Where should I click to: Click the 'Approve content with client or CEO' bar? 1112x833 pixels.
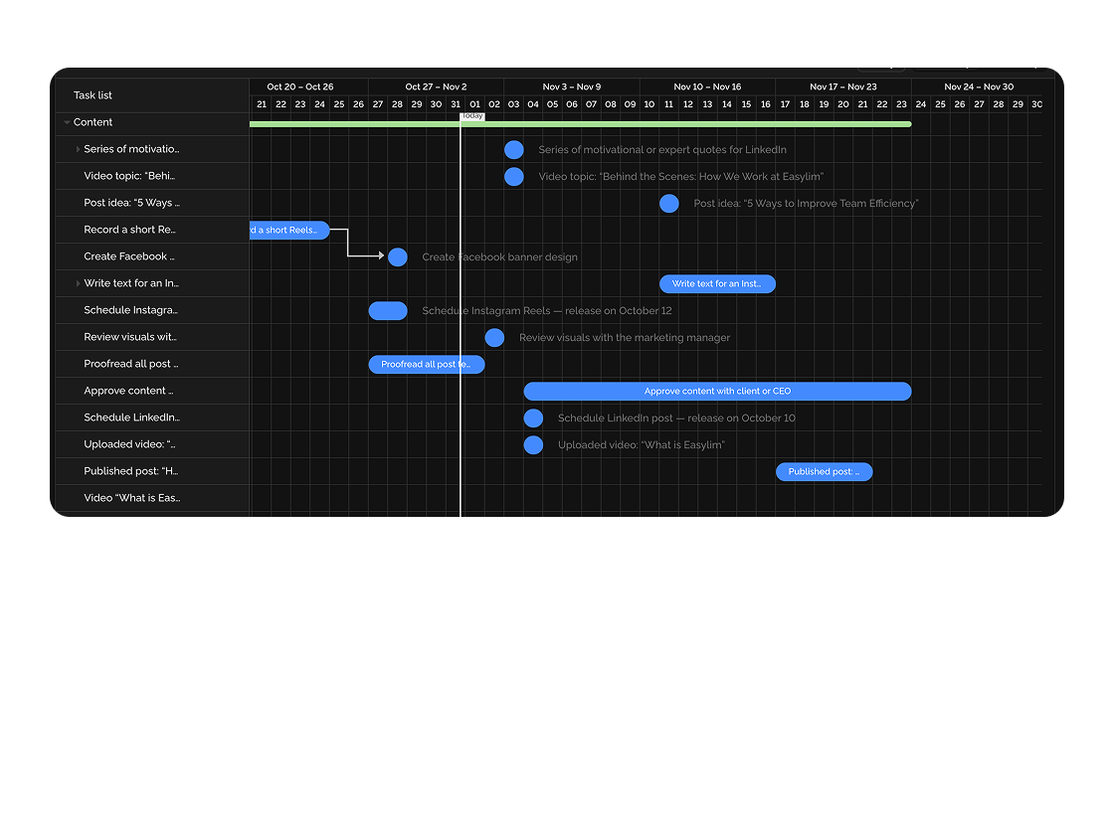tap(717, 392)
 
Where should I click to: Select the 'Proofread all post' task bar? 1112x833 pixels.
tap(427, 365)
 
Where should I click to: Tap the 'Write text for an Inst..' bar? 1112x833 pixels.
tap(717, 284)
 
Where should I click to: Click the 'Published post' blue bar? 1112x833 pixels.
tap(824, 472)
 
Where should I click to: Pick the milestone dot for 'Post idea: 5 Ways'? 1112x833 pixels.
tap(669, 204)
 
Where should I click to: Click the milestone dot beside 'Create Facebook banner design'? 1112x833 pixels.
tap(398, 257)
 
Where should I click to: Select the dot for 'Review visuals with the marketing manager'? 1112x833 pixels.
tap(494, 338)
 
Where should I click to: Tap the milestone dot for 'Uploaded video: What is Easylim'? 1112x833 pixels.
tap(533, 445)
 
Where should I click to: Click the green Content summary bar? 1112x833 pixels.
tap(580, 124)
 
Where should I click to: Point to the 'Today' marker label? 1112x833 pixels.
tap(472, 116)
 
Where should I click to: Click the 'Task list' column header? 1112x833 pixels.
tap(93, 95)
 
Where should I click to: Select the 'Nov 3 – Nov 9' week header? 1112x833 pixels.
tap(571, 87)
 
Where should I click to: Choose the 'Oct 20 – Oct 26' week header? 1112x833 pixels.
tap(300, 87)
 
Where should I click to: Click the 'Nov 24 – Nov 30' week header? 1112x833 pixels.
tap(979, 87)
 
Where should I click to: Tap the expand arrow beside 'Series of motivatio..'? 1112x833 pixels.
tap(79, 150)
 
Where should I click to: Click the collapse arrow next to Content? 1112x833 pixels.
tap(67, 123)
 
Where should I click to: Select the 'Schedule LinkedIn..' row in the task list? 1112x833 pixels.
tap(131, 418)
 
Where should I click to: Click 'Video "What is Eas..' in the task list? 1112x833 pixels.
tap(131, 499)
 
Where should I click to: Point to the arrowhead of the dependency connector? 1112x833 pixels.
tap(381, 256)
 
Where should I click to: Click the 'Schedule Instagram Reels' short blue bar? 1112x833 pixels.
tap(388, 311)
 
